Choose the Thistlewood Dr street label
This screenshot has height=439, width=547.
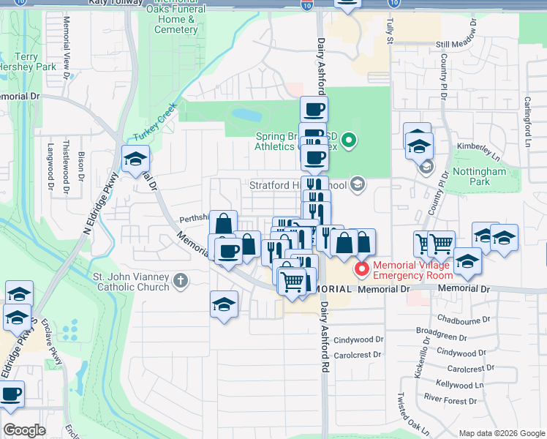click(66, 168)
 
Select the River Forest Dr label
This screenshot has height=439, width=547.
click(450, 400)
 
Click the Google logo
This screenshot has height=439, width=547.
click(25, 430)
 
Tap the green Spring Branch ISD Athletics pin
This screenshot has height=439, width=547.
click(350, 139)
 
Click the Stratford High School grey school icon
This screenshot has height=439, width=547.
click(357, 184)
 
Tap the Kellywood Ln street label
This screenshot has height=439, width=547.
click(459, 384)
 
